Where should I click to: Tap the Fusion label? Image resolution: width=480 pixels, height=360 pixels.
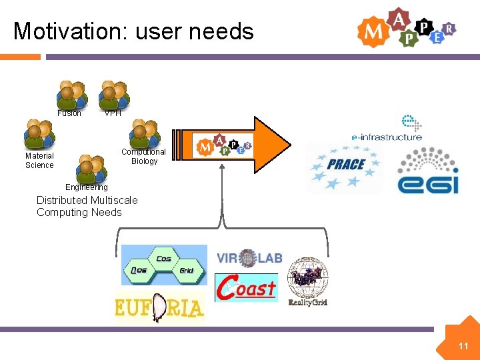point(69,113)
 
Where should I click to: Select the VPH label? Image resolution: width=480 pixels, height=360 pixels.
point(113,113)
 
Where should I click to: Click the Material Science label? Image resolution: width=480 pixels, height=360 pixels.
point(39,161)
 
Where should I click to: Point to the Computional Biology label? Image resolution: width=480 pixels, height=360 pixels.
point(144,157)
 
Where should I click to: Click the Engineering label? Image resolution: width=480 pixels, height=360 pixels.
point(86,187)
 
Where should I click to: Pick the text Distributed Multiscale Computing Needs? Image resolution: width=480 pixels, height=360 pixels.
point(87,207)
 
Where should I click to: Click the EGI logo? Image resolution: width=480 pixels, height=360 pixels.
point(428,171)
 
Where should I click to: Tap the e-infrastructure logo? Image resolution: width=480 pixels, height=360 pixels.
point(387,129)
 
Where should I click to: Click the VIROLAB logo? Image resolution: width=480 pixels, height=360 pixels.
point(249,258)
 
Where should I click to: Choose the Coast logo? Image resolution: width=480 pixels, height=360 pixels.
point(246,288)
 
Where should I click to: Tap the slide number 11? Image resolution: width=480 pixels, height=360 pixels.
point(463,346)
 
